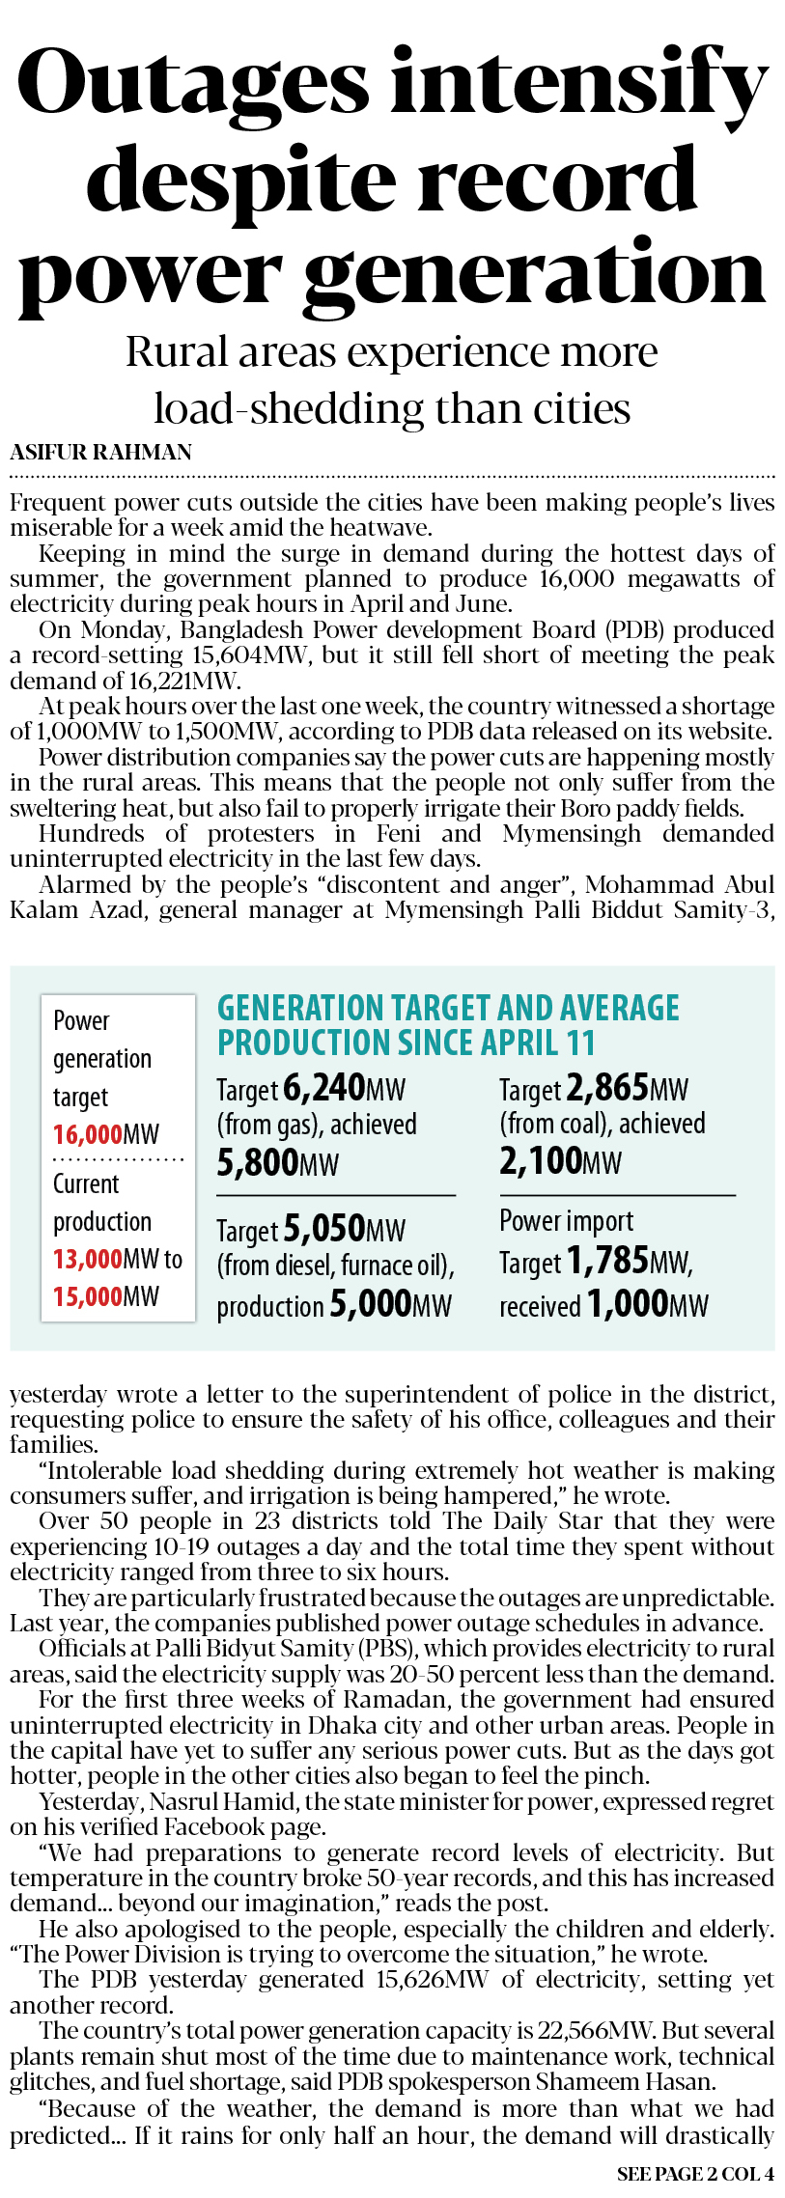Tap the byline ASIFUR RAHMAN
[x=101, y=452]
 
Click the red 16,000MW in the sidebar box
[x=106, y=1134]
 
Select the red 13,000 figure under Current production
[x=87, y=1259]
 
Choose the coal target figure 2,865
[x=607, y=1088]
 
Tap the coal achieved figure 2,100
[x=542, y=1161]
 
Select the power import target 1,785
[x=607, y=1261]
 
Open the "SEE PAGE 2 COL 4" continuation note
[x=695, y=2174]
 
